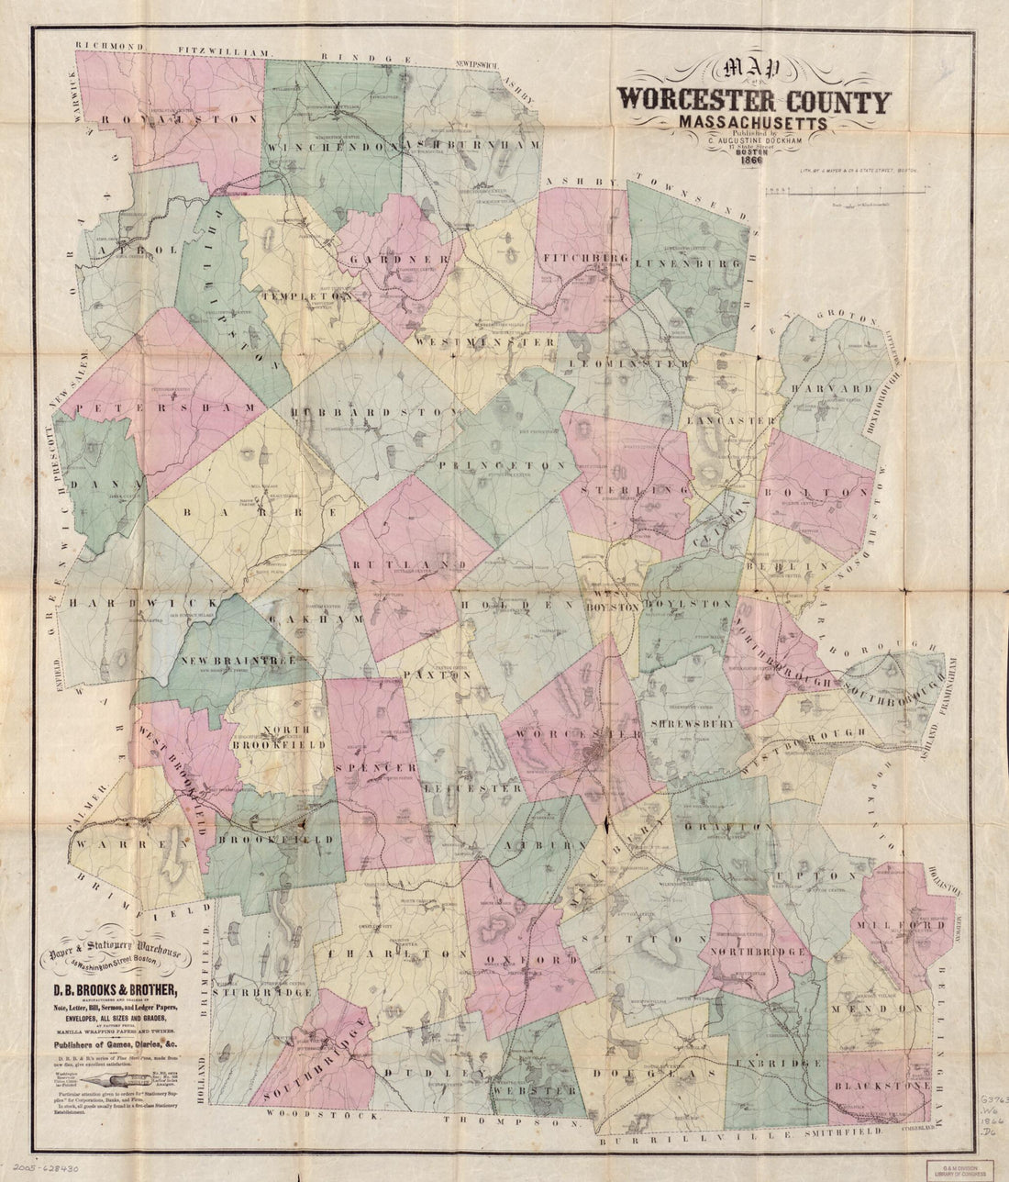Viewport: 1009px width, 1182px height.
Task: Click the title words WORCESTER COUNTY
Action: click(753, 101)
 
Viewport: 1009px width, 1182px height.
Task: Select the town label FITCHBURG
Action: click(583, 258)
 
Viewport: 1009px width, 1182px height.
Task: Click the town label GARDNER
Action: click(397, 260)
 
